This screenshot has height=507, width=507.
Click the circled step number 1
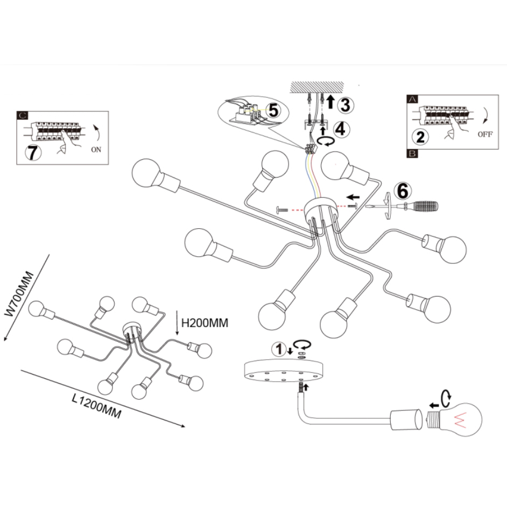tap(278, 349)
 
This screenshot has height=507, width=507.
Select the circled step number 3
tap(346, 105)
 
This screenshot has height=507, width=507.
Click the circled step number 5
tap(273, 110)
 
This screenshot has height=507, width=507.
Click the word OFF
tap(485, 136)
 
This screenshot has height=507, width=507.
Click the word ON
tap(96, 150)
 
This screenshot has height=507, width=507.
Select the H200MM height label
tap(205, 323)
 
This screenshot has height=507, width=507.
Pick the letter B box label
tap(412, 153)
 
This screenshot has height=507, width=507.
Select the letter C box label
tap(23, 116)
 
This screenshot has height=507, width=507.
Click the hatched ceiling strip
tap(316, 86)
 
